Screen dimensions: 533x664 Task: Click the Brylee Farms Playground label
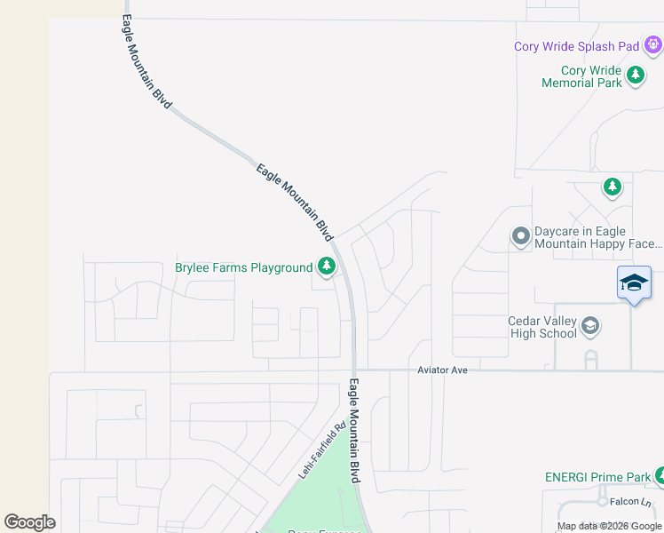(x=243, y=267)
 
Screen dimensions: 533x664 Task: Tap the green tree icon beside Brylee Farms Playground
(x=327, y=266)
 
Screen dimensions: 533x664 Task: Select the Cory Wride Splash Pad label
(x=576, y=47)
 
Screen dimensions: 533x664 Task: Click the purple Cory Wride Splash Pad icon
(x=652, y=44)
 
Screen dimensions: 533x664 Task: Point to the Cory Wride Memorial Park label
(x=581, y=76)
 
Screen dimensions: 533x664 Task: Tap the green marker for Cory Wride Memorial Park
(x=636, y=75)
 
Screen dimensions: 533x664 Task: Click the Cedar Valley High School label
(x=541, y=327)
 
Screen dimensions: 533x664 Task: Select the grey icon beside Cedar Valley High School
(x=590, y=327)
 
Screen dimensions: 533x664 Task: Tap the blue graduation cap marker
(x=634, y=283)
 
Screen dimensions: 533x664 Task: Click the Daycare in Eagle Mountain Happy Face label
(x=597, y=237)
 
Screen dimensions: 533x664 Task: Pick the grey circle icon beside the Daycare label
(x=521, y=236)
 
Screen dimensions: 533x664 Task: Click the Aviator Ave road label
(x=442, y=370)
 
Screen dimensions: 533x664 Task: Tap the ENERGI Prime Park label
(x=597, y=477)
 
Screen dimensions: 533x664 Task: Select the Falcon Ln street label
(x=631, y=502)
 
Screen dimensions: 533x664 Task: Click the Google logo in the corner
(x=29, y=522)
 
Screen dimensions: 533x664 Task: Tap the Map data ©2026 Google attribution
(x=609, y=526)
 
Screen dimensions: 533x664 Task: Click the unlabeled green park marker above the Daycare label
(x=612, y=187)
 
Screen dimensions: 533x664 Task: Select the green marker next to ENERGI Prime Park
(x=659, y=476)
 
